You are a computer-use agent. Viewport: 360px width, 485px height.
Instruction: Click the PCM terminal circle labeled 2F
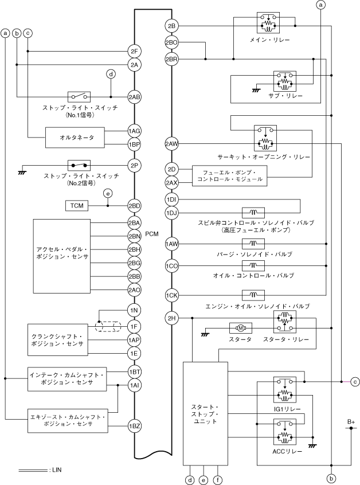click(x=134, y=51)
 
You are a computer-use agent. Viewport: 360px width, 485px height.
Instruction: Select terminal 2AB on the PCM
click(x=134, y=97)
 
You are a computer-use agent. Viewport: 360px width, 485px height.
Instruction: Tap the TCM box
click(x=77, y=206)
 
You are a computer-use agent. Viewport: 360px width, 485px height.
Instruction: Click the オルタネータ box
click(x=75, y=138)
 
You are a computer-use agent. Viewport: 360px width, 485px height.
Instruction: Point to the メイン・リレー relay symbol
click(x=268, y=23)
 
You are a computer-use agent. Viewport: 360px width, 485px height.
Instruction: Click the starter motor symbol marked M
click(x=241, y=328)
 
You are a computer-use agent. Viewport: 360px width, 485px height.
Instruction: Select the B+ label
click(x=351, y=422)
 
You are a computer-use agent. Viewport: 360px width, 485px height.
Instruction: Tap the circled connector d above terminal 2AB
click(x=111, y=74)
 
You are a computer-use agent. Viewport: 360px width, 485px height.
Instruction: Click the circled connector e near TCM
click(x=108, y=194)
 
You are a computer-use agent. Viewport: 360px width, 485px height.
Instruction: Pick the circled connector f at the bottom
click(x=218, y=480)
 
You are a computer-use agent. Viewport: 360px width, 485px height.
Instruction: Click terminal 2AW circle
click(x=171, y=143)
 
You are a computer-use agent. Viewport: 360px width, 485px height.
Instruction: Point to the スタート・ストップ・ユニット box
click(x=205, y=413)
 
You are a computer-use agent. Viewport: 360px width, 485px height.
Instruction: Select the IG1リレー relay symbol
click(x=285, y=390)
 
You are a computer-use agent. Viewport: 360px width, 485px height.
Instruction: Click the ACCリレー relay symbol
click(x=285, y=432)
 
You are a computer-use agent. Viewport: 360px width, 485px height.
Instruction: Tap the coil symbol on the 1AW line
click(x=253, y=244)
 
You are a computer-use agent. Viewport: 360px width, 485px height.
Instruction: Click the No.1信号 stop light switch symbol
click(x=79, y=97)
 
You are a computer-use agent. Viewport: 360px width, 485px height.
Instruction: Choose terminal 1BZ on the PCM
click(x=134, y=426)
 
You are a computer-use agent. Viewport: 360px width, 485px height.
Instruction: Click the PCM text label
click(x=151, y=234)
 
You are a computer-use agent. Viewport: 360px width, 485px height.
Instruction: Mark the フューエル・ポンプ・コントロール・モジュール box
click(x=229, y=176)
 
